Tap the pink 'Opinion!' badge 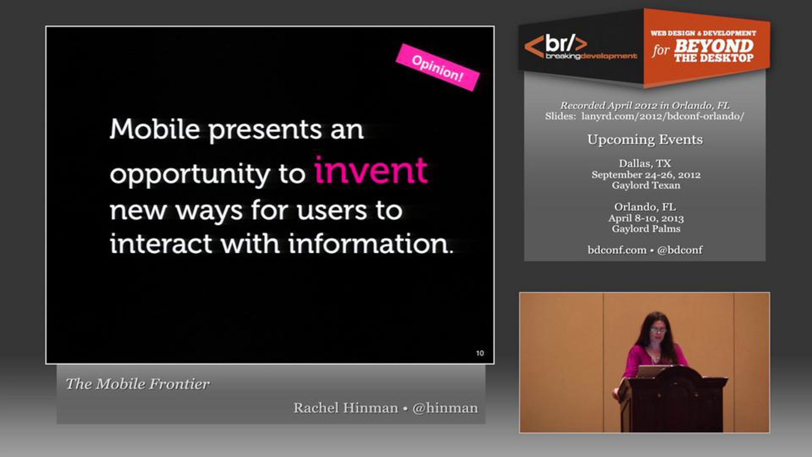(437, 67)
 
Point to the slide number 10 (480, 353)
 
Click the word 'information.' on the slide (371, 243)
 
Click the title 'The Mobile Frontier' (138, 384)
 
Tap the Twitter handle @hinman (445, 408)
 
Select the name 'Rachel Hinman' (346, 408)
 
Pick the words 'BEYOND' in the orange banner (714, 46)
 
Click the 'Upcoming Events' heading (645, 139)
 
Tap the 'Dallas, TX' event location (645, 164)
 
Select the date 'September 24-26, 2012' (646, 175)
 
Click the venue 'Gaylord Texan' (646, 186)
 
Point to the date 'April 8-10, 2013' (646, 218)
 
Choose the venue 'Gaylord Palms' (646, 229)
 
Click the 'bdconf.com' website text (617, 250)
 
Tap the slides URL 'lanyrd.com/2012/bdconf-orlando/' (663, 116)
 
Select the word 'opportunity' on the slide (190, 174)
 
